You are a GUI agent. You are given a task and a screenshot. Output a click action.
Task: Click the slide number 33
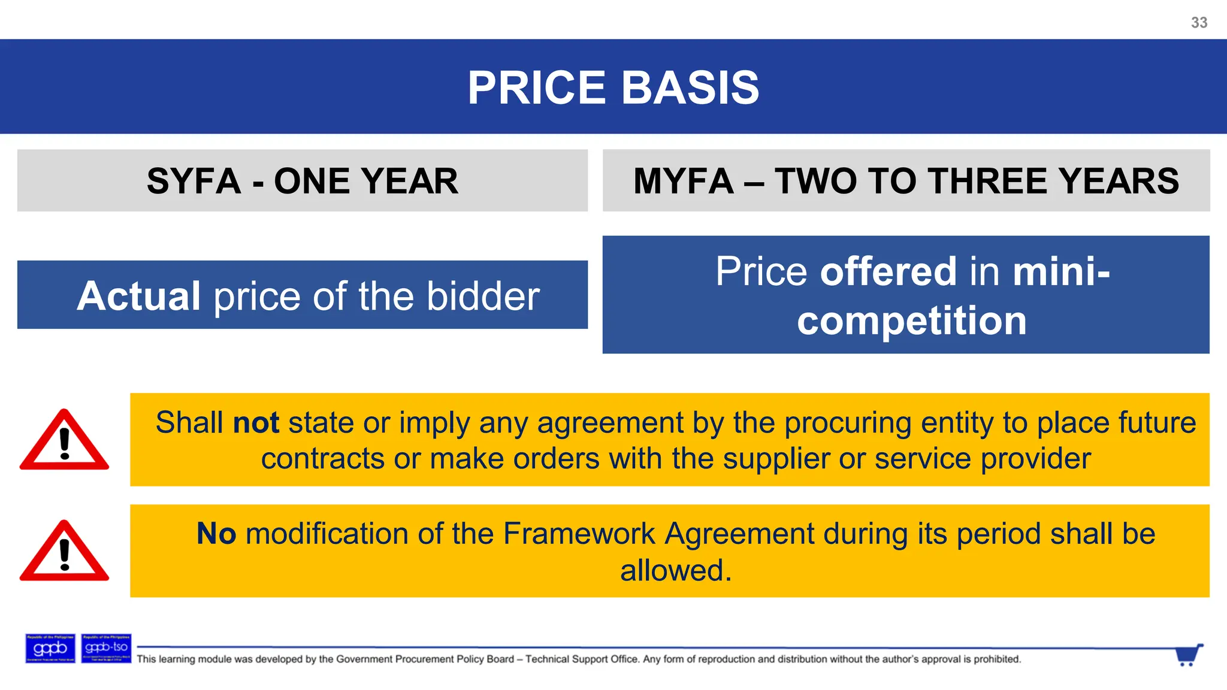1199,23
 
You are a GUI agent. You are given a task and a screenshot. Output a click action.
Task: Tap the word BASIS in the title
690,88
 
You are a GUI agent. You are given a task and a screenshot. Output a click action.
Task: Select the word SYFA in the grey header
194,181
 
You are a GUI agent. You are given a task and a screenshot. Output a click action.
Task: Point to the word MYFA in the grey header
683,181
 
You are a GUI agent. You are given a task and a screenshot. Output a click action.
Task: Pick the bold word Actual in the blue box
138,296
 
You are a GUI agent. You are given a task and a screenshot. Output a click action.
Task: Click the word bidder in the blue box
483,296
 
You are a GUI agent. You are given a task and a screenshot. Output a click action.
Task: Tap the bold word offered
888,271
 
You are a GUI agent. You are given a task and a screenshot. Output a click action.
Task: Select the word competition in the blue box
911,320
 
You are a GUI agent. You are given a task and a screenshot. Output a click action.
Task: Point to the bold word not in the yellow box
256,422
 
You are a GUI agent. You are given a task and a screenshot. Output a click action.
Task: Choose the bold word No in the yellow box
216,533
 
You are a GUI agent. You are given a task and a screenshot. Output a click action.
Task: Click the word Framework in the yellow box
579,533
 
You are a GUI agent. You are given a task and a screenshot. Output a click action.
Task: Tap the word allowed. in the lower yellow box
676,570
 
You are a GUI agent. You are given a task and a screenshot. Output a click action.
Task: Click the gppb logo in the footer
50,648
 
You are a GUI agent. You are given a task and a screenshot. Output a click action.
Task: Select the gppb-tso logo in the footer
106,648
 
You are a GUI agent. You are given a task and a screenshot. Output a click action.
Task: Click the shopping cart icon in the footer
1188,655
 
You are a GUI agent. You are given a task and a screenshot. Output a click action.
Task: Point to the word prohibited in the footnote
996,659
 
